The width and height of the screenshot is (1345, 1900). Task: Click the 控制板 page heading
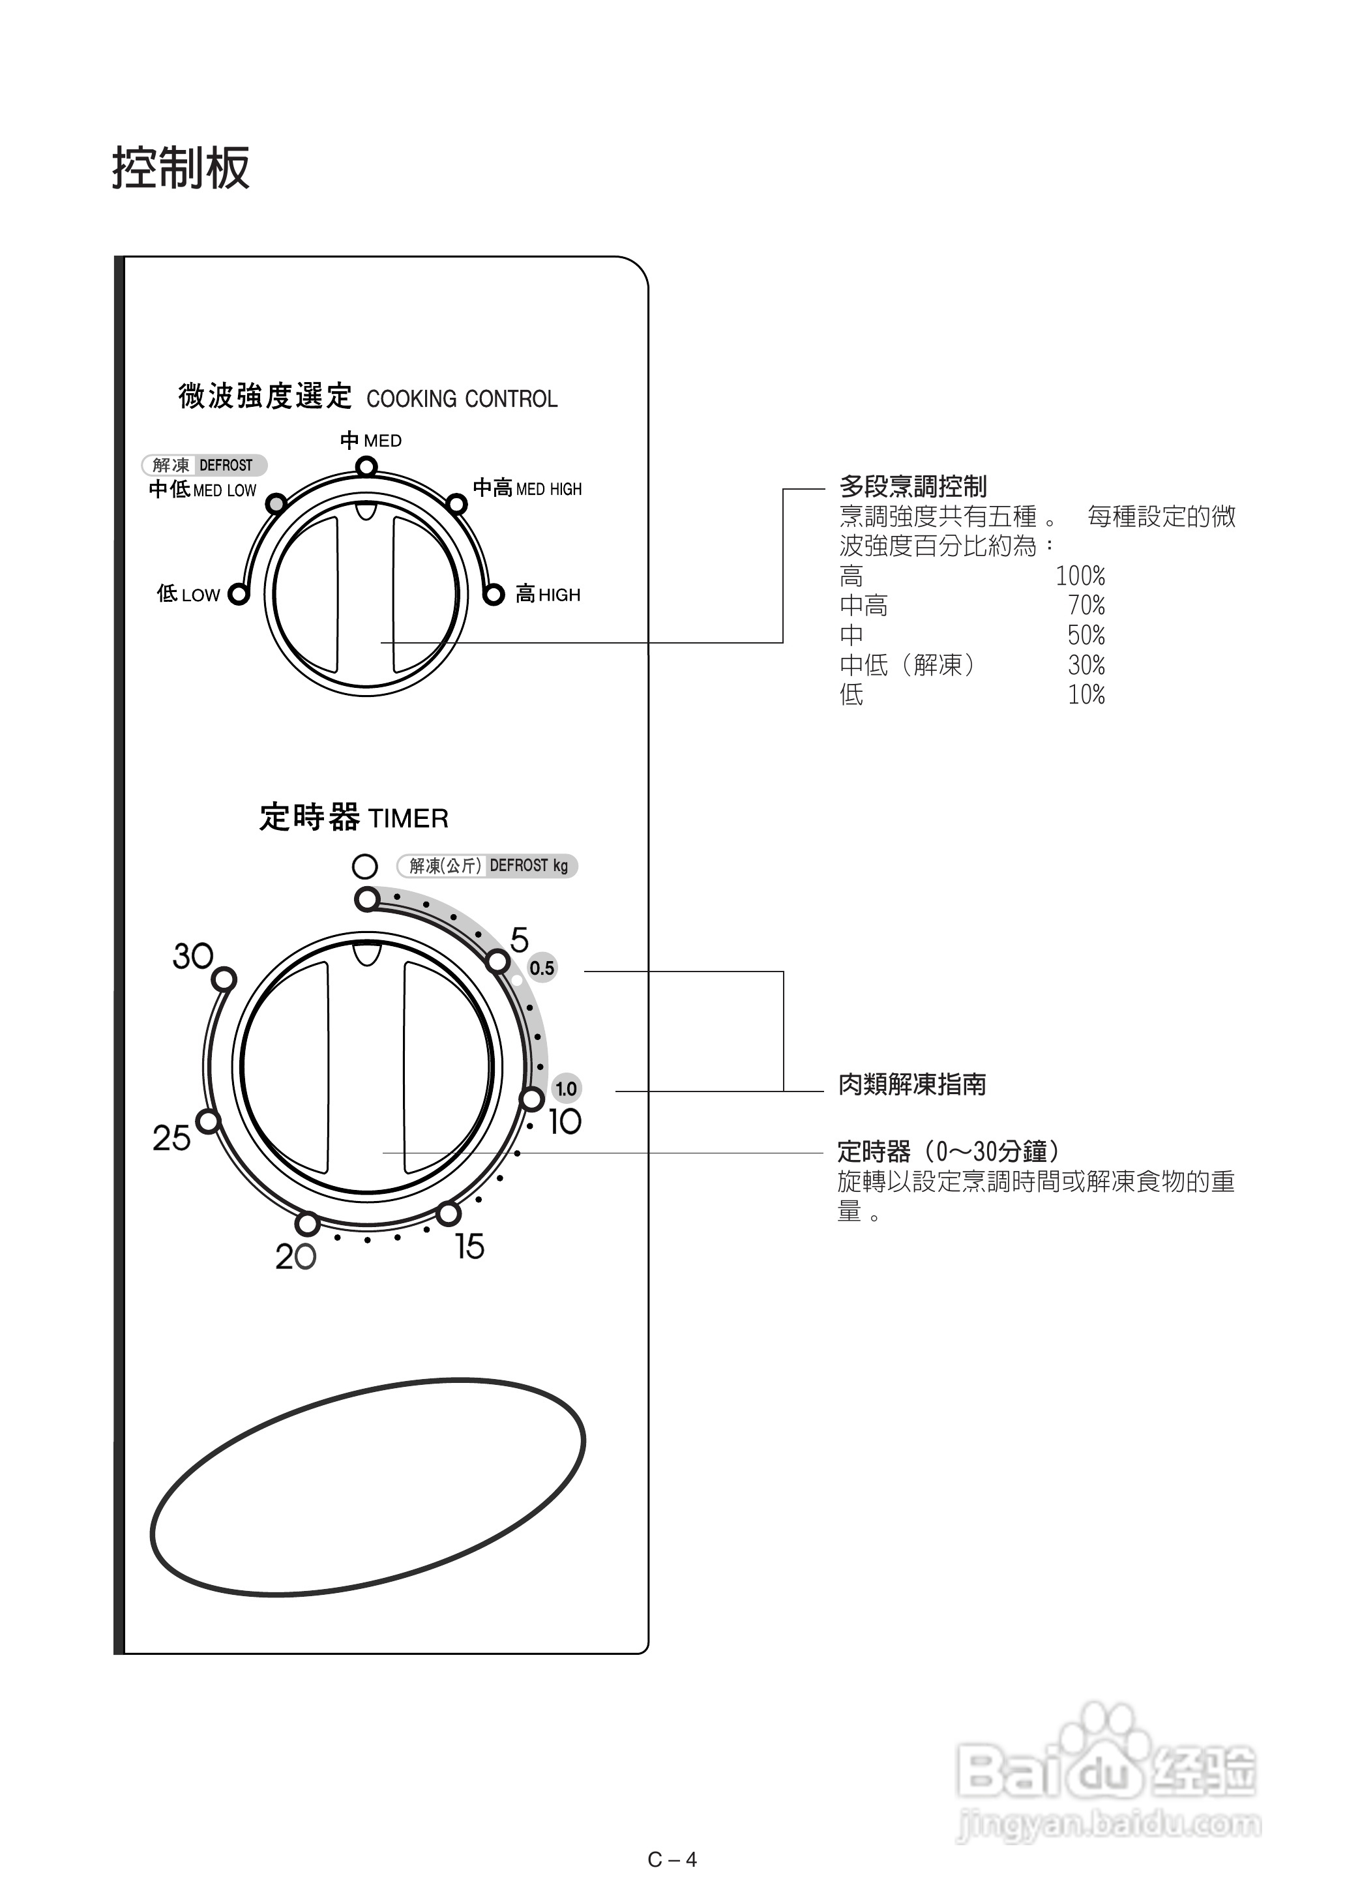[x=181, y=168]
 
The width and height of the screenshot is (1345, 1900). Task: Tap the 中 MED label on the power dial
[x=371, y=441]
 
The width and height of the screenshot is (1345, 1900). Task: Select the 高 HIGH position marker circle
[x=494, y=595]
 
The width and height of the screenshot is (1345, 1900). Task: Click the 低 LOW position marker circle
[x=239, y=595]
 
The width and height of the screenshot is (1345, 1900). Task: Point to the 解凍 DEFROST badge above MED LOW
[x=203, y=466]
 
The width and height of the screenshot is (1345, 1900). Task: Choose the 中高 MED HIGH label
[x=527, y=488]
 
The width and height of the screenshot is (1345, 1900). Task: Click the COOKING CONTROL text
[x=462, y=399]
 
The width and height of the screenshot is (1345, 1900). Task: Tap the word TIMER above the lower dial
[x=407, y=819]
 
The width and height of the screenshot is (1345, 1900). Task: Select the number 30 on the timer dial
[x=193, y=957]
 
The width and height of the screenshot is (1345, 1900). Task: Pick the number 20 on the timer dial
[x=295, y=1257]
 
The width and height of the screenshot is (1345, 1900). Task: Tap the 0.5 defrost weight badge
[x=542, y=968]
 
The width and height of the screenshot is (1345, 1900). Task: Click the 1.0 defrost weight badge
[x=566, y=1088]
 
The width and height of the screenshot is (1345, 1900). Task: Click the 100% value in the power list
[x=1080, y=576]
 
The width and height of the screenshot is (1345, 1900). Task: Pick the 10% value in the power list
[x=1086, y=695]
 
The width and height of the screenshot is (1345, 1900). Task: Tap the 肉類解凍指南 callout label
[x=912, y=1084]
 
